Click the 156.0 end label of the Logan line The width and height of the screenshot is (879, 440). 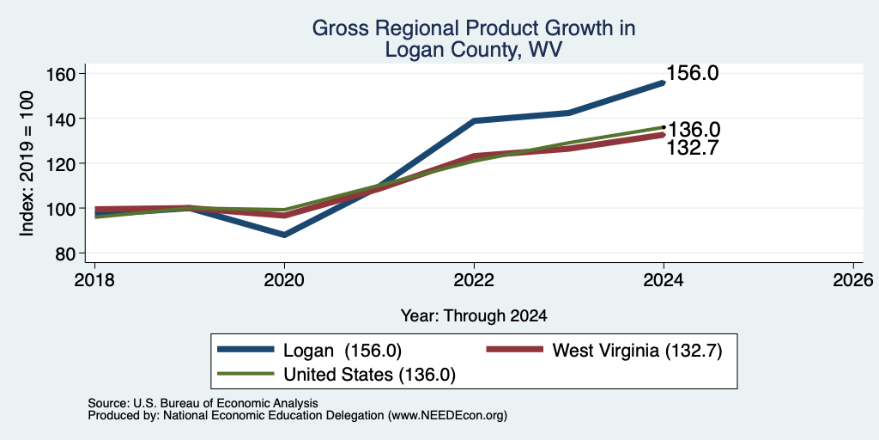point(693,73)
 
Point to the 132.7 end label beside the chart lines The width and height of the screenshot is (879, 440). point(693,148)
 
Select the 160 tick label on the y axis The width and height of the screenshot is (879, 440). point(68,74)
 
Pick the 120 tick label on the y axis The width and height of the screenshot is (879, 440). point(68,163)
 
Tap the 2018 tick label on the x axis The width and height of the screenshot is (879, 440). point(94,279)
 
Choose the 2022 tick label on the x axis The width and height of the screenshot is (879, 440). point(474,279)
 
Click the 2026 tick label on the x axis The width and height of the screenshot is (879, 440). point(853,279)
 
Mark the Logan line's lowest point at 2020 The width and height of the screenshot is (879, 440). point(285,235)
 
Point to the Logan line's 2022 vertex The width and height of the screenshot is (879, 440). point(474,120)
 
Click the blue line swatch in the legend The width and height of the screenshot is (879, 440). point(246,350)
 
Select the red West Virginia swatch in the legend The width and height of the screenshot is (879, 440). point(515,350)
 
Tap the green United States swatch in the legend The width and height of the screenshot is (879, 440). point(246,374)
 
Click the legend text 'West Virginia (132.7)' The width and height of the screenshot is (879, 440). point(638,351)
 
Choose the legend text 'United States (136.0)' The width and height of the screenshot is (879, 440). point(369,375)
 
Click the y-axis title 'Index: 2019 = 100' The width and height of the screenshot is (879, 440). point(27,163)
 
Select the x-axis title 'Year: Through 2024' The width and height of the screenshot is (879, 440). point(474,316)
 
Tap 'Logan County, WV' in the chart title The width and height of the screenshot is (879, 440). point(474,50)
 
